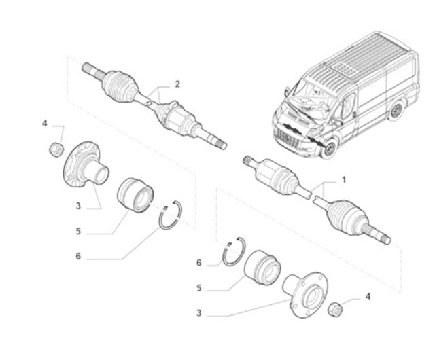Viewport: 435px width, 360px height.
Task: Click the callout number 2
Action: pyautogui.click(x=177, y=84)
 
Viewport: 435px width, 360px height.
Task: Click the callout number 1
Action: pyautogui.click(x=344, y=180)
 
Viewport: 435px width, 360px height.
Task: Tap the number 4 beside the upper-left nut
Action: pyautogui.click(x=45, y=123)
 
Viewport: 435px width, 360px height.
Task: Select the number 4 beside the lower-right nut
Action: pyautogui.click(x=368, y=296)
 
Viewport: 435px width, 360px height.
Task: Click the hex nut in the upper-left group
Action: pyautogui.click(x=56, y=149)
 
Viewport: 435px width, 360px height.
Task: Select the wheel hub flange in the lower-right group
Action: pyautogui.click(x=305, y=295)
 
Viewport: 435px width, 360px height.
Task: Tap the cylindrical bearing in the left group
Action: pyautogui.click(x=135, y=195)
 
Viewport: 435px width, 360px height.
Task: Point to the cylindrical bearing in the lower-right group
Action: pyautogui.click(x=262, y=268)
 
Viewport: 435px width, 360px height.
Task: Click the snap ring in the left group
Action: pyautogui.click(x=171, y=215)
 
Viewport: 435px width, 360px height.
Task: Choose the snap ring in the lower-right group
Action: pyautogui.click(x=234, y=251)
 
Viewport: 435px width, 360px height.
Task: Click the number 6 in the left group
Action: pyautogui.click(x=78, y=256)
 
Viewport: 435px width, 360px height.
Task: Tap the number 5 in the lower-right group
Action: pyautogui.click(x=199, y=288)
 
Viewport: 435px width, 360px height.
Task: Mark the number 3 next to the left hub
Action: pyautogui.click(x=78, y=206)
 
